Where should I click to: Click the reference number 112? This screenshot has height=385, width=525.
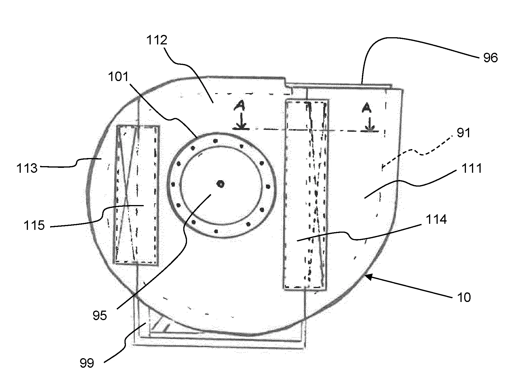click(157, 40)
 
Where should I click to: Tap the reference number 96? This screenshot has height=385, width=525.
click(490, 58)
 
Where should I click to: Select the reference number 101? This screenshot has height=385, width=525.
click(118, 77)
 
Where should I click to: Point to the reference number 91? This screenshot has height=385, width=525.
click(463, 133)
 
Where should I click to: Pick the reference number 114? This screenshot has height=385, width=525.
click(436, 219)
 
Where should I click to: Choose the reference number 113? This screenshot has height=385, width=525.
click(27, 168)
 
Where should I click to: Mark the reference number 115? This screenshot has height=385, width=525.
click(34, 225)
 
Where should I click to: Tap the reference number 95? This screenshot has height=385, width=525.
click(100, 315)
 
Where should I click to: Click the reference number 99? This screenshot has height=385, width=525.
click(87, 363)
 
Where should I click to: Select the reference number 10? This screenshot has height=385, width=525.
click(464, 297)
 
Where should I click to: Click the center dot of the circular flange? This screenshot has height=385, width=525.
click(221, 184)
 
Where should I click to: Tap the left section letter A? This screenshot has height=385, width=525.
click(239, 107)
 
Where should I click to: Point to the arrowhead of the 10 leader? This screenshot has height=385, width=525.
click(367, 276)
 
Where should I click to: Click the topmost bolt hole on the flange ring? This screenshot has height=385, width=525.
click(215, 141)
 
